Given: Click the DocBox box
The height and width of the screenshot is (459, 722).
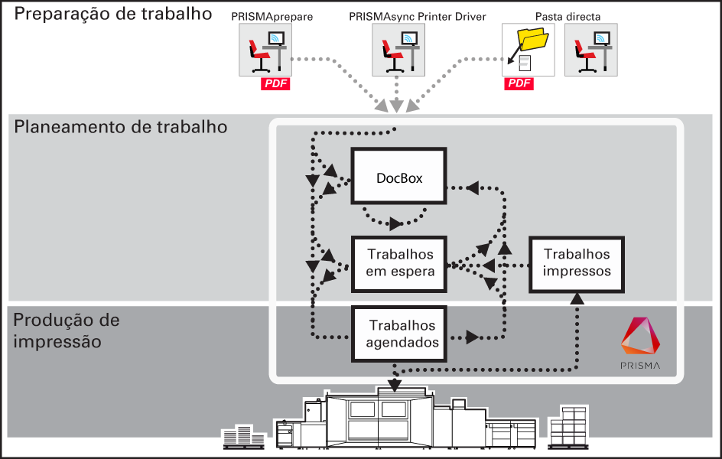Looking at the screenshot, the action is pos(398,176).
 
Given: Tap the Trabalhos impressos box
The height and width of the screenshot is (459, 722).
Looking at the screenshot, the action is pos(577,264).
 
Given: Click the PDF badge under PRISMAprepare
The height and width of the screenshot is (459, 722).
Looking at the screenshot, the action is pos(275,83).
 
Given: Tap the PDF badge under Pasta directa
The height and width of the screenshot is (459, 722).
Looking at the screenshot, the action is pos(519,83).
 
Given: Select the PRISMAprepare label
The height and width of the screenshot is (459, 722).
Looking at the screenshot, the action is pos(272,17).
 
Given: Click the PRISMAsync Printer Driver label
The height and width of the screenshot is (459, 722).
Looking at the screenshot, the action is pos(417,17).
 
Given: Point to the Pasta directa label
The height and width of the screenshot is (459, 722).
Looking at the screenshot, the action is pos(568,17).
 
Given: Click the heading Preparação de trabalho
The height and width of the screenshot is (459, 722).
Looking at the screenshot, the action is pos(113,14).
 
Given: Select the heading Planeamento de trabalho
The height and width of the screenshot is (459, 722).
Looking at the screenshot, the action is pos(121,126).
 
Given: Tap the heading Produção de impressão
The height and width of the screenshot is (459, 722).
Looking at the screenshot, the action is pos(67,330).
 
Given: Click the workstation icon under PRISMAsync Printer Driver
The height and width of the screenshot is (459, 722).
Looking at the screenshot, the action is pos(398,50).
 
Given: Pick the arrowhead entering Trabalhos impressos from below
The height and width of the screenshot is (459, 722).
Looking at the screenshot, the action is pos(577,299).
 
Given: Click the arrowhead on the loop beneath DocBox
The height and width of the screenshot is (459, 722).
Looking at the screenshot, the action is pos(395,223).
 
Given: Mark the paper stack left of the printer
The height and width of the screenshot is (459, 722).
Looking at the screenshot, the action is pos(243,437).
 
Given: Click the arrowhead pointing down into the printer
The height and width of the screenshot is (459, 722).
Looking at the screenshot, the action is pos(395,386).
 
